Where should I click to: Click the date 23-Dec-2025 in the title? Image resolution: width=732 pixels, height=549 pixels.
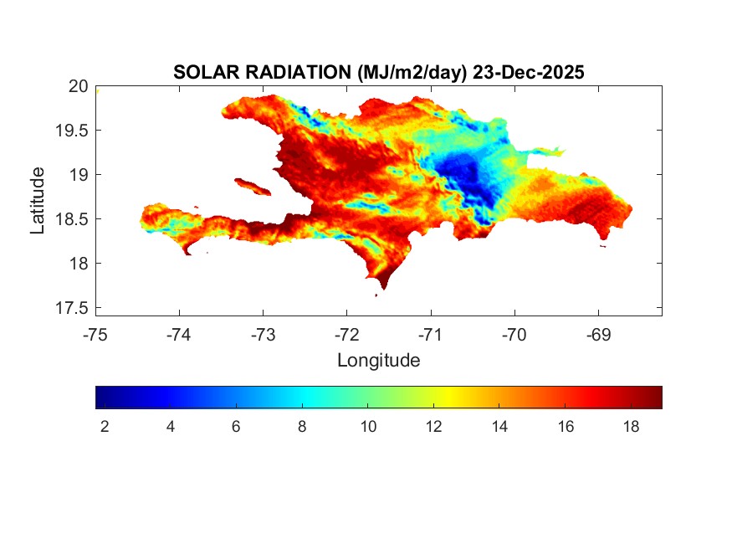tap(528, 73)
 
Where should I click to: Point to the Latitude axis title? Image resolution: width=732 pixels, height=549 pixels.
tap(38, 200)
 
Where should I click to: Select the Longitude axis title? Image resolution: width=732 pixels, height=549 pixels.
tap(378, 361)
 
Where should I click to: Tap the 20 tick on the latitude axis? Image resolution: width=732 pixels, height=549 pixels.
tap(78, 85)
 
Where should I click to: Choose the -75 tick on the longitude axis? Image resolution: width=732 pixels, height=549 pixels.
tap(95, 335)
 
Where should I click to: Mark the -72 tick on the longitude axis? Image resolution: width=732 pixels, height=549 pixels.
tap(347, 335)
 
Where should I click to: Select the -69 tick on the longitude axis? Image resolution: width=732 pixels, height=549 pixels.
tap(598, 335)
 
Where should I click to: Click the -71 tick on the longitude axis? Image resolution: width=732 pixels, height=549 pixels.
tap(431, 335)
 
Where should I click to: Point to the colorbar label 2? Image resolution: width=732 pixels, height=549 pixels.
tap(105, 427)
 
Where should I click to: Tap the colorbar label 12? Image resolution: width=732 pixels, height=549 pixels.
tap(433, 427)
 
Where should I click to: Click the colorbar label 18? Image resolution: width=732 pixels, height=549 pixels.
tap(631, 427)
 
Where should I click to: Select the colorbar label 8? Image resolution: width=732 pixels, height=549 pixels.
tap(302, 427)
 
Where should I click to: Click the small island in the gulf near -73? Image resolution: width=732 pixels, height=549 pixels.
tap(252, 185)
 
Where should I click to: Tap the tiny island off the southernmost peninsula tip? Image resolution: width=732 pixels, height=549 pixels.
tap(376, 295)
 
